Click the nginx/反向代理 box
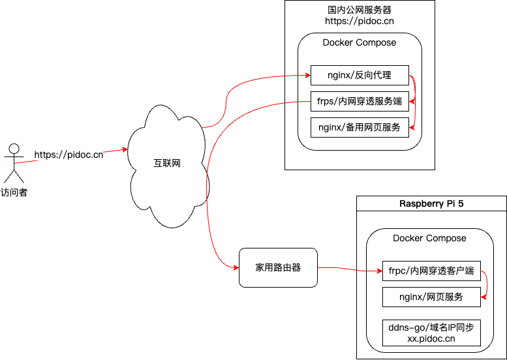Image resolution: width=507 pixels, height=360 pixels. (x=360, y=76)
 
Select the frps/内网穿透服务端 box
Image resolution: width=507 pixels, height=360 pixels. (x=360, y=101)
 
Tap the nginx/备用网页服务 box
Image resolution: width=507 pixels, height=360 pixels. (x=360, y=127)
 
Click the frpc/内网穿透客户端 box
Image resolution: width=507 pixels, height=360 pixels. (x=431, y=271)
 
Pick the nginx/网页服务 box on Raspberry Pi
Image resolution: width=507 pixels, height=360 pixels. (x=431, y=297)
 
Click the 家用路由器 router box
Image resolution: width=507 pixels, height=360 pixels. (x=278, y=267)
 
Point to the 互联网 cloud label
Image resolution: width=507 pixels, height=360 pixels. (x=167, y=163)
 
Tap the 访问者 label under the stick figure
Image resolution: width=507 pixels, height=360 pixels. (x=14, y=192)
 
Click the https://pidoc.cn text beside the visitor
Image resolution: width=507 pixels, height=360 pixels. (x=69, y=155)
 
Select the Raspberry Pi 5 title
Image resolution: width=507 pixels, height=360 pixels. (x=431, y=203)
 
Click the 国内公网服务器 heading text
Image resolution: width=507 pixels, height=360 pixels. (x=360, y=10)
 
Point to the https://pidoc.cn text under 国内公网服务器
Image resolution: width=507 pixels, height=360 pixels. (x=360, y=21)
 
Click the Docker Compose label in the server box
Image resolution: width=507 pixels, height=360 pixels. (x=360, y=42)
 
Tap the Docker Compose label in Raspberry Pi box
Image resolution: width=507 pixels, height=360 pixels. (x=429, y=238)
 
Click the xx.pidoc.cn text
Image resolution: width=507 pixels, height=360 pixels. (x=431, y=338)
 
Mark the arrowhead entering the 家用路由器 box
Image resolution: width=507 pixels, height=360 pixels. (x=236, y=267)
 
